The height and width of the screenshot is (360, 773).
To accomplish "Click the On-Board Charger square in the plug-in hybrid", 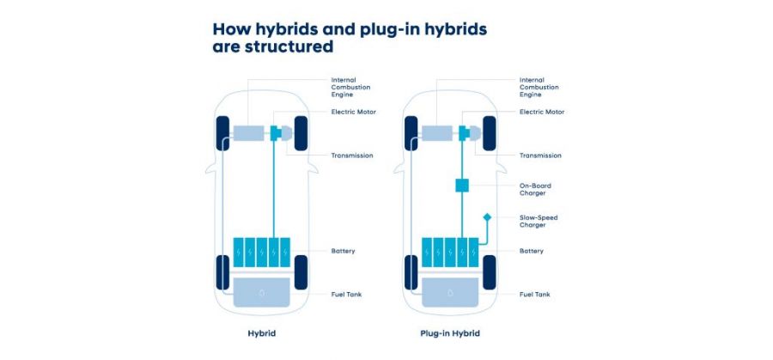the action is pos(462,186).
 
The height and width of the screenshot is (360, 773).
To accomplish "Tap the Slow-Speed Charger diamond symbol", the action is pos(487,217).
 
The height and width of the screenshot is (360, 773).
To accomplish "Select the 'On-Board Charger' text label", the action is pos(535,189).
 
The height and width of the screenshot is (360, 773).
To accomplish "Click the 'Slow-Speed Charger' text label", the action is pos(539,221).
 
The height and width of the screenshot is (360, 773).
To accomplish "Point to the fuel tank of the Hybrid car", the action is pos(261,292).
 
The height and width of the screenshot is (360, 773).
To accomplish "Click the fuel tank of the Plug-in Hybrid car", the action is pos(450,292).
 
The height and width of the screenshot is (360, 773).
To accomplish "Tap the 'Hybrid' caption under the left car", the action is pos(261,333).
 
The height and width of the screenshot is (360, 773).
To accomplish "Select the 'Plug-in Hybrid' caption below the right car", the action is pos(449,333).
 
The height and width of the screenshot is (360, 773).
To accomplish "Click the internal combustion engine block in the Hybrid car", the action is pos(248,133).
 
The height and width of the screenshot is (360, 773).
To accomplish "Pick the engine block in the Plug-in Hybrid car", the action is pos(437,133).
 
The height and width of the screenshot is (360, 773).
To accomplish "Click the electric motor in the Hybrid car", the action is pos(276,133).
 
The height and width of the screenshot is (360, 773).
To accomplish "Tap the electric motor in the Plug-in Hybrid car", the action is pos(464,133).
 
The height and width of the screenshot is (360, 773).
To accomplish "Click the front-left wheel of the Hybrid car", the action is pos(222,133).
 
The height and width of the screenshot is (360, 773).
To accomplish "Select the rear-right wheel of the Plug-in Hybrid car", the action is pos(489,272).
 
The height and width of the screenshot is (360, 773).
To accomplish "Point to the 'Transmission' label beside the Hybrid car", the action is pos(352,156).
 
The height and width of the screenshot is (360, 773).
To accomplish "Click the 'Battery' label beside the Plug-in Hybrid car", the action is pos(532,251).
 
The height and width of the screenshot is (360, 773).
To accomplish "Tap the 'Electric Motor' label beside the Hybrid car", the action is pos(354,112).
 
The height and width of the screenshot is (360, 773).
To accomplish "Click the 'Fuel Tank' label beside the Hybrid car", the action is pos(346,295).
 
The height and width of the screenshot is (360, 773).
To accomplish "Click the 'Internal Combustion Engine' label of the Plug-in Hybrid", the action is pos(539,87).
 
